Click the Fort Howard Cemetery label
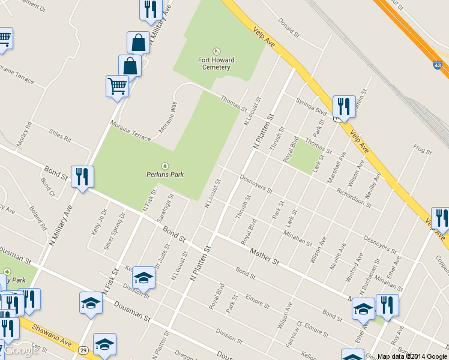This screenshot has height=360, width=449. tap(216, 64)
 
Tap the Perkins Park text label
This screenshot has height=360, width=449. tap(165, 175)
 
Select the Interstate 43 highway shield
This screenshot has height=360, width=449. tap(436, 65)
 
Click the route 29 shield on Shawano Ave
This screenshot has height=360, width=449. tap(83, 350)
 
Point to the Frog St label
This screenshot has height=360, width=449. tap(423, 150)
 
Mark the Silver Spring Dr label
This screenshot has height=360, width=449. tap(113, 231)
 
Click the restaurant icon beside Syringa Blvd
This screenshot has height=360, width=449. tap(343, 107)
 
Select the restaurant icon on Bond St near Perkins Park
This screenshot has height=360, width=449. tap(82, 176)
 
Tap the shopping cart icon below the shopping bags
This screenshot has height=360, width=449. tap(117, 86)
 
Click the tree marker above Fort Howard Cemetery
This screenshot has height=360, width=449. tap(216, 52)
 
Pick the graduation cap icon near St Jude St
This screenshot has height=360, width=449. tap(143, 278)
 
